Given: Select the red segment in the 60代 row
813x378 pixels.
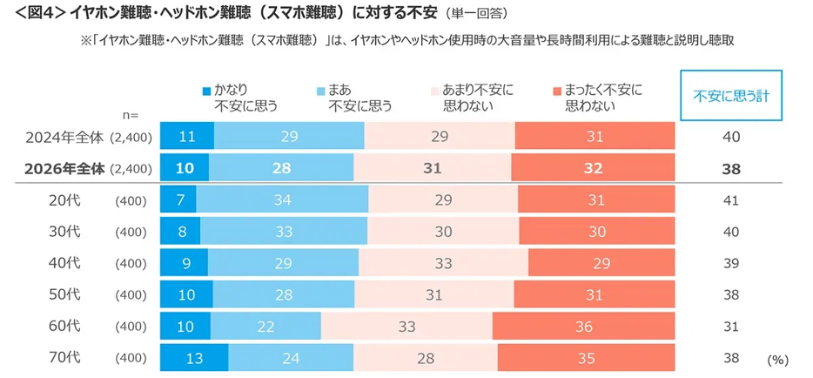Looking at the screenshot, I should coord(583,326).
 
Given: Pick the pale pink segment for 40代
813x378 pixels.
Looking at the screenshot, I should coord(443,262).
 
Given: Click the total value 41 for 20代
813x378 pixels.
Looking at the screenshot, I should coord(731,200).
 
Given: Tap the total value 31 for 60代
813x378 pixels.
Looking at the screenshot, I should coord(731,326).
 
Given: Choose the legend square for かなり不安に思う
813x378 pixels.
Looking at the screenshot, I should coord(206,90).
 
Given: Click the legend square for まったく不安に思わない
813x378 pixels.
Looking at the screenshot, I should coord(557,90).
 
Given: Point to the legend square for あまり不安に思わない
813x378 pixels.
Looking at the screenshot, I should coord(435,90).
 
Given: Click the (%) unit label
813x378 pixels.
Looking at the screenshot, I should coord(777,359).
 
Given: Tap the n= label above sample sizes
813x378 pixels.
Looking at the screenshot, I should coord(131,114).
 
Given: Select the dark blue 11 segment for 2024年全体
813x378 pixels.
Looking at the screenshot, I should coord(187,137).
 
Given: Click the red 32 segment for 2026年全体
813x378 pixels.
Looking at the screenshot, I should coord(593,169).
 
